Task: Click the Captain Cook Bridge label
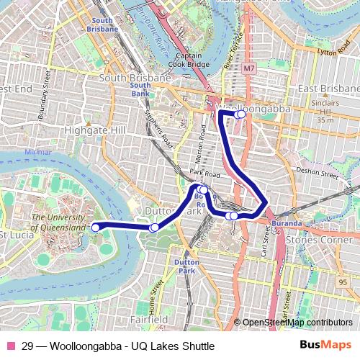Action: tap(189, 60)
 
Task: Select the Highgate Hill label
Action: tap(94, 130)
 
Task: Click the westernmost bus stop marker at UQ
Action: tap(96, 228)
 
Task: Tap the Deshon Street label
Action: tap(318, 172)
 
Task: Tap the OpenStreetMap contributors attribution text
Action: tap(297, 323)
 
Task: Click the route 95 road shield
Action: tap(342, 281)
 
